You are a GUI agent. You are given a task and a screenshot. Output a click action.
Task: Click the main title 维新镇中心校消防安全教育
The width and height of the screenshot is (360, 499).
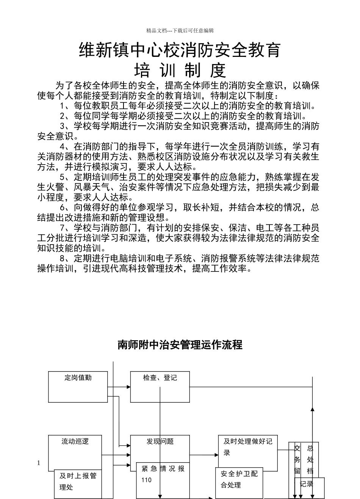[x=180, y=50]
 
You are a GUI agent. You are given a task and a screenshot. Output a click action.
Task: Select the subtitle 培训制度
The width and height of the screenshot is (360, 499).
[x=180, y=70]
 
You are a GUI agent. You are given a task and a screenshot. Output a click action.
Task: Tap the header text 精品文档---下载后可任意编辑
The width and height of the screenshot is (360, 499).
[x=180, y=31]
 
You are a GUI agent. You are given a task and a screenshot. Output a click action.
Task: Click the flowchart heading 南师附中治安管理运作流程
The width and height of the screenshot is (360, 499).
[x=180, y=345]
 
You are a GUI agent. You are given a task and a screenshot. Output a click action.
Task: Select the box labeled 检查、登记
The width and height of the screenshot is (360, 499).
[x=160, y=386]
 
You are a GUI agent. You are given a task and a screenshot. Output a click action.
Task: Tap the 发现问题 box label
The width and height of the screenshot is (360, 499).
[x=160, y=441]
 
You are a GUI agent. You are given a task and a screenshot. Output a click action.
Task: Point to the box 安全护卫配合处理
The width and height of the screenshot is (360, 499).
[x=239, y=479]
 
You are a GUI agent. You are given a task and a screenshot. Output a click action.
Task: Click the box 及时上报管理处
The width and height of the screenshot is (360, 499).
[x=78, y=482]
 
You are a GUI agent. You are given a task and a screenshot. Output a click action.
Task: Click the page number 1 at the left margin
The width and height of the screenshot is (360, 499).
[x=39, y=463]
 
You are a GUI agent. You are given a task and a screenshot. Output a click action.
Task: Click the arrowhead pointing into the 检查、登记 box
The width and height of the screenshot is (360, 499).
[x=128, y=387]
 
